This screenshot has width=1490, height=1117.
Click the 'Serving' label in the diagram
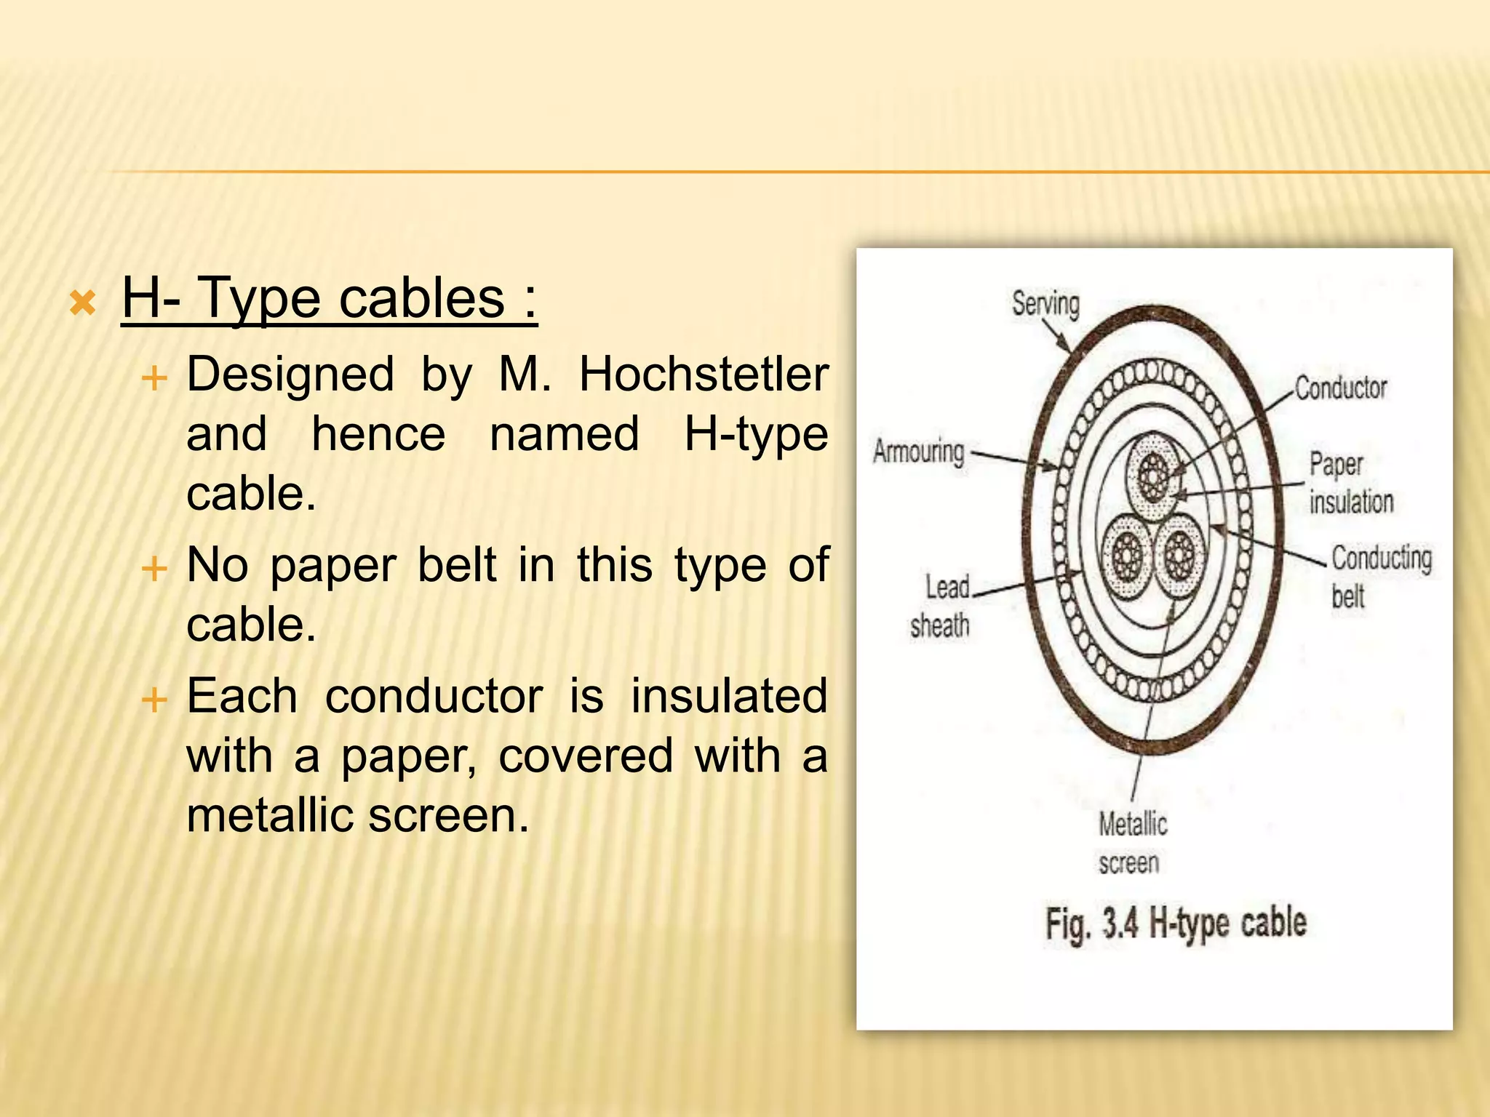(1045, 303)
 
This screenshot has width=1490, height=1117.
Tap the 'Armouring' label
(919, 452)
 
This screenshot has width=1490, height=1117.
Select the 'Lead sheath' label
(941, 606)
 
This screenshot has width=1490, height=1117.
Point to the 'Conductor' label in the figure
(1341, 388)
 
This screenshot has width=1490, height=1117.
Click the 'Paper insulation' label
(1351, 483)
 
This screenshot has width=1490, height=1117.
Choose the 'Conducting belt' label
(1381, 577)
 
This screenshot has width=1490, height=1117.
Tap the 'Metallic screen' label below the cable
(1132, 844)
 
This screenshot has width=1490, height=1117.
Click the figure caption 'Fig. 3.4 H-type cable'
(1176, 924)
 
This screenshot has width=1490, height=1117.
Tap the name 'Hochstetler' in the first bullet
(704, 375)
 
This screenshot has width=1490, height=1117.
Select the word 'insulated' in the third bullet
(729, 696)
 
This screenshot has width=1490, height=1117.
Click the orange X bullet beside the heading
(83, 303)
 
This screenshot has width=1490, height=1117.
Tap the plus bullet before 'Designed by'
(154, 378)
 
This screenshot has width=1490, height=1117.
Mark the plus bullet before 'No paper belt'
(154, 567)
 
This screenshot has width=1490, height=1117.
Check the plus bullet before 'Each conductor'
(154, 700)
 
